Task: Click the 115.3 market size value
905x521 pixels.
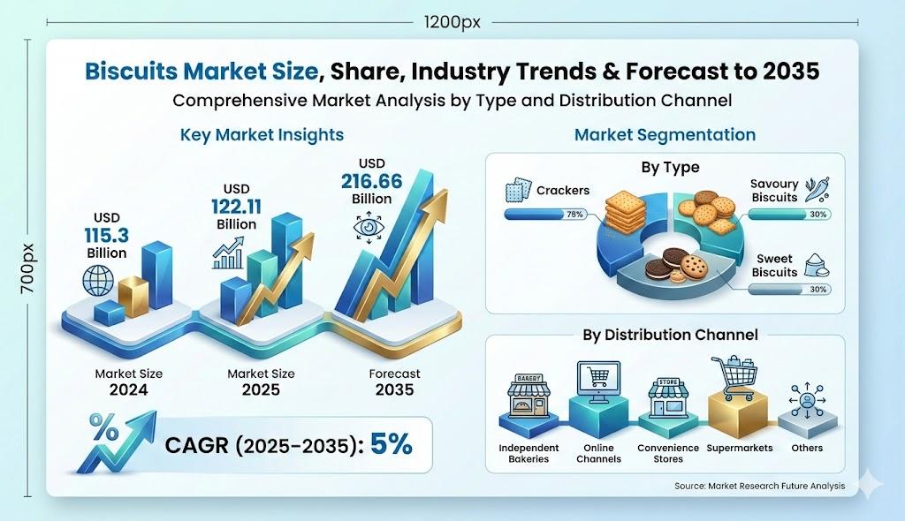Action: click(107, 236)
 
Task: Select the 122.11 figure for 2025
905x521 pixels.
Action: click(236, 207)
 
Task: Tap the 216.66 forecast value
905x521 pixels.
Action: click(372, 181)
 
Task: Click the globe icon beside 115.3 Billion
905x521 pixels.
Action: click(98, 281)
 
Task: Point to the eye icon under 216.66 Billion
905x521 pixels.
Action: click(369, 227)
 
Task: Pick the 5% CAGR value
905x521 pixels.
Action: click(392, 443)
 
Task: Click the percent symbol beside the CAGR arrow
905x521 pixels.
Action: click(104, 427)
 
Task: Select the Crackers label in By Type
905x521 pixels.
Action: click(563, 191)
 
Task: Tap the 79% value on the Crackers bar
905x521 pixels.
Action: click(574, 214)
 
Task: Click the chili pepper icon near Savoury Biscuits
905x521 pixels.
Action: click(818, 189)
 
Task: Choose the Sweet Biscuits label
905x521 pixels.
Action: click(774, 266)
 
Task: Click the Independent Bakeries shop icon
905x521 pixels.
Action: click(529, 396)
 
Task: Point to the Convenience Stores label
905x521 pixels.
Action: click(668, 454)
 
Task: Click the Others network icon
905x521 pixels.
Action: click(807, 399)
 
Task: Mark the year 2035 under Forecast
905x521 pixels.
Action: click(394, 390)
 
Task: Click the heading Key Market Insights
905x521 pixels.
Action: click(262, 135)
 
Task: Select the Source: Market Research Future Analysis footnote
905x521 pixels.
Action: click(759, 486)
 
